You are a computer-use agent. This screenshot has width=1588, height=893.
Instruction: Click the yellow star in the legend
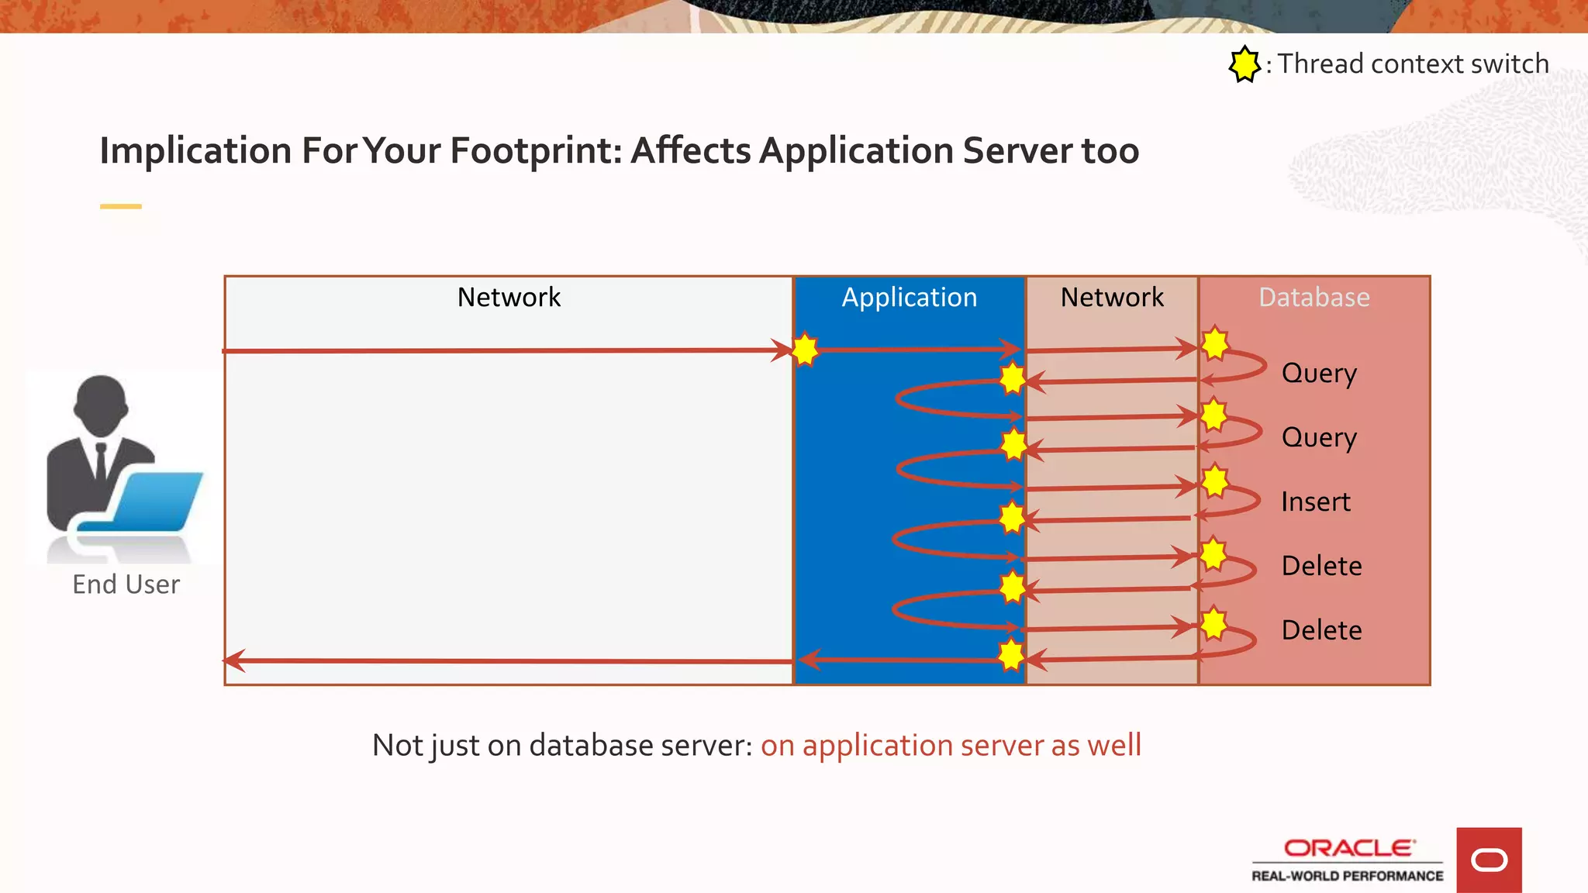tap(1245, 64)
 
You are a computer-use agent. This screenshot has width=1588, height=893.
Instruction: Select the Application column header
tap(910, 298)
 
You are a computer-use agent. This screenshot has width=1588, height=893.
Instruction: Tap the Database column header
tap(1314, 298)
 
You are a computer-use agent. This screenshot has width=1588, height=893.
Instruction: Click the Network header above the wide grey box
tap(509, 298)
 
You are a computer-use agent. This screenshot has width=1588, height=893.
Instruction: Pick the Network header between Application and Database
tap(1112, 298)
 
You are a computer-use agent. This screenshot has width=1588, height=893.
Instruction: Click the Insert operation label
tap(1315, 502)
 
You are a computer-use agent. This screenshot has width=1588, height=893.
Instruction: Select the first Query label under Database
tap(1319, 374)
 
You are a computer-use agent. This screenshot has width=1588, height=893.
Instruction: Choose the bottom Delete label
tap(1321, 629)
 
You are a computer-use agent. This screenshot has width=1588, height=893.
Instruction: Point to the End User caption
tap(126, 584)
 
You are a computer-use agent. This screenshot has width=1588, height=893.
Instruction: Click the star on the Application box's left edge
tap(805, 350)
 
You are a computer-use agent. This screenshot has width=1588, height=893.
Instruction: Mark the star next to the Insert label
tap(1215, 481)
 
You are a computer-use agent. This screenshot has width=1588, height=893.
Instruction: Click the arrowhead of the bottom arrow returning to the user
tap(233, 660)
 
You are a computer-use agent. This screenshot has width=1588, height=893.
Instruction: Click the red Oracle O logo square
tap(1488, 860)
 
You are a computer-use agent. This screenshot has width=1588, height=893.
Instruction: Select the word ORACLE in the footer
tap(1348, 848)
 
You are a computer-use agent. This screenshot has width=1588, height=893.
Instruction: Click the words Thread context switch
tap(1413, 64)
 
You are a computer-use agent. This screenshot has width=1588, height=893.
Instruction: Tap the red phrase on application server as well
tap(951, 745)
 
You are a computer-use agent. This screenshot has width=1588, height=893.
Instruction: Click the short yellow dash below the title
tap(121, 206)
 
